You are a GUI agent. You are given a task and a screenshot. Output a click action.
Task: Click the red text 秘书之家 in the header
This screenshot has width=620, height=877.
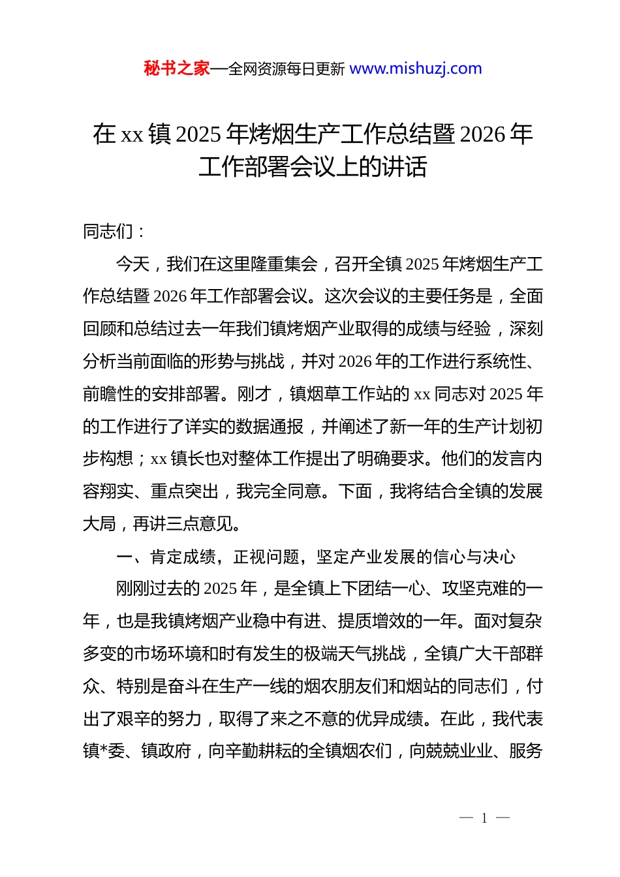tap(176, 69)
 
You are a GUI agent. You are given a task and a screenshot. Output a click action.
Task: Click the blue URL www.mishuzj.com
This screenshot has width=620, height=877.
tap(416, 69)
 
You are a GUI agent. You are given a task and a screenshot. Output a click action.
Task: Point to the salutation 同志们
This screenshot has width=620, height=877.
tap(108, 232)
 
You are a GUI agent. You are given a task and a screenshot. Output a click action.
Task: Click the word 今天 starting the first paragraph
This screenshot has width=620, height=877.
tap(133, 264)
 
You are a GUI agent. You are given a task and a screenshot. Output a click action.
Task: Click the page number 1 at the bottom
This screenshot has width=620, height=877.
tap(484, 818)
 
